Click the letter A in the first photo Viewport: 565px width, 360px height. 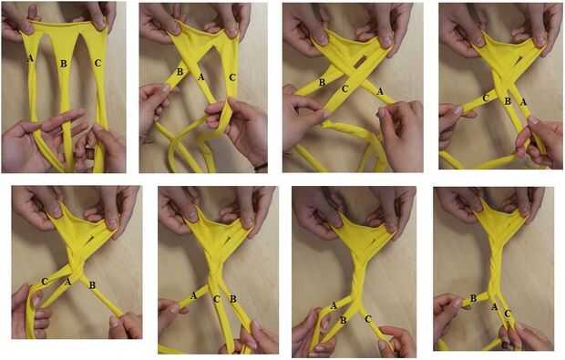point(30,58)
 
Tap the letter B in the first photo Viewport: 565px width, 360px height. point(64,64)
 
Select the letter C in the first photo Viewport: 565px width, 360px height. point(98,63)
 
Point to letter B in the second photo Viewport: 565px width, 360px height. point(180,72)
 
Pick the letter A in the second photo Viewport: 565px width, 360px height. point(201,77)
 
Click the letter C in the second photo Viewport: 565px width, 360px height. point(232,77)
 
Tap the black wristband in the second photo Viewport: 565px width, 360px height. point(261,167)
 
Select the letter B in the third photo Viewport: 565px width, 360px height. point(322,83)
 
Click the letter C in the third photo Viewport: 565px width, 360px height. point(345,88)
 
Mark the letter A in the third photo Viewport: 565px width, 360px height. point(380,91)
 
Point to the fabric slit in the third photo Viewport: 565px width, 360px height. point(360,62)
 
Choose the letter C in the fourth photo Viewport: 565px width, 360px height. point(486,98)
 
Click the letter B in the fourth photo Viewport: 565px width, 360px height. point(508,101)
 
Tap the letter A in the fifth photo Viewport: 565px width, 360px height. point(67,282)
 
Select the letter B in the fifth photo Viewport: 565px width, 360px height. point(92,285)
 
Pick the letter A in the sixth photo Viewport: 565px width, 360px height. point(193,295)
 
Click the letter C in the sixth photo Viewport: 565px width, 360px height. point(216,299)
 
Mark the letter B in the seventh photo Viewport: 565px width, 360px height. point(344,320)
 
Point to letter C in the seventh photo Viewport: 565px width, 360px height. point(368,319)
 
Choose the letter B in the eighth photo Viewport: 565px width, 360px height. point(474,298)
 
